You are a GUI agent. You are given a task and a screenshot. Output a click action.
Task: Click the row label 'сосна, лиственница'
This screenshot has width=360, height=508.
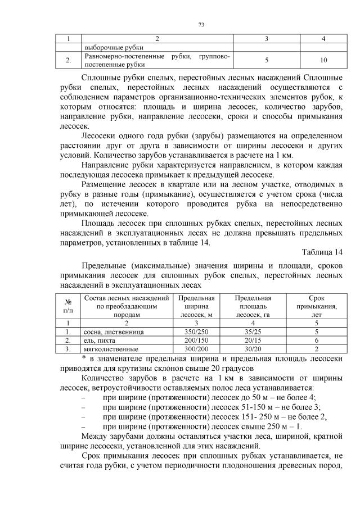click(113, 332)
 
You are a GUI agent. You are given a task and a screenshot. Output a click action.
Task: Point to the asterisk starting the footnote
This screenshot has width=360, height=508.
click(83, 358)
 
